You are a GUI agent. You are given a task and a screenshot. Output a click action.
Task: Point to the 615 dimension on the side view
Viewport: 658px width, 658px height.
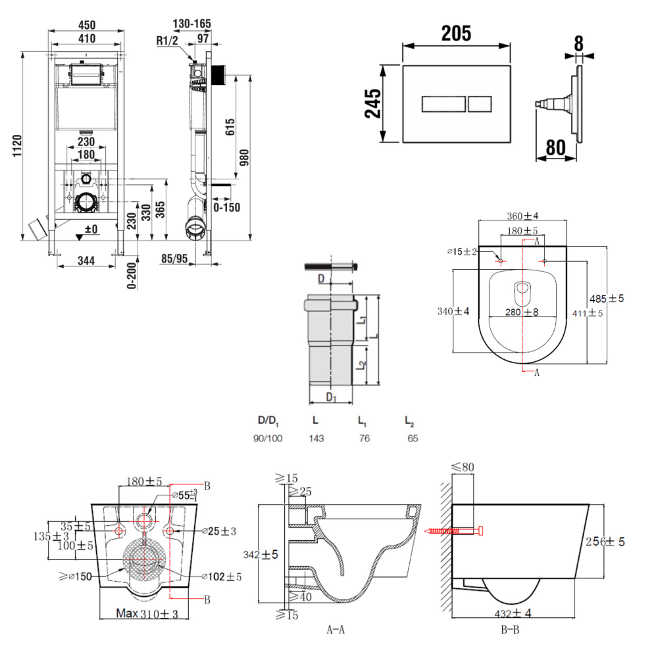click(230, 126)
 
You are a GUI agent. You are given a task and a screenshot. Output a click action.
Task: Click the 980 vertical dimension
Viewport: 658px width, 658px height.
click(244, 158)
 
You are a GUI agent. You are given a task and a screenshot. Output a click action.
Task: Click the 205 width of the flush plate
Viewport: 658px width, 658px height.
click(456, 33)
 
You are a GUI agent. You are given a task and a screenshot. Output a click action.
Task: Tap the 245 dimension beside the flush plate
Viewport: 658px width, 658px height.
click(372, 103)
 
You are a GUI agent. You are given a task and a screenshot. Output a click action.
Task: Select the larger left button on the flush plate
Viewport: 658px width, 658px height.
click(443, 104)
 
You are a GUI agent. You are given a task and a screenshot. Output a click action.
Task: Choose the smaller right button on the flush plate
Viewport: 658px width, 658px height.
click(480, 104)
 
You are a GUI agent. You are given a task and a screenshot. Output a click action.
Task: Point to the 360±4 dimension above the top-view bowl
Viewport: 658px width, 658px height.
click(523, 216)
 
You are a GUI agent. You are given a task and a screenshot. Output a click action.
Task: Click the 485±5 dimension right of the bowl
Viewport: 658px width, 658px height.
click(607, 299)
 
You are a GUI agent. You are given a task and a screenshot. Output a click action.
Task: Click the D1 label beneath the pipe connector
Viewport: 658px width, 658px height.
click(332, 397)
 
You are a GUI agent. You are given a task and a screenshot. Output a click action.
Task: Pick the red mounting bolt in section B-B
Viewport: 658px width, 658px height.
click(455, 530)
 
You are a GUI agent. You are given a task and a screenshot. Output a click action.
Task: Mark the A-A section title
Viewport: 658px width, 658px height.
click(336, 630)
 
